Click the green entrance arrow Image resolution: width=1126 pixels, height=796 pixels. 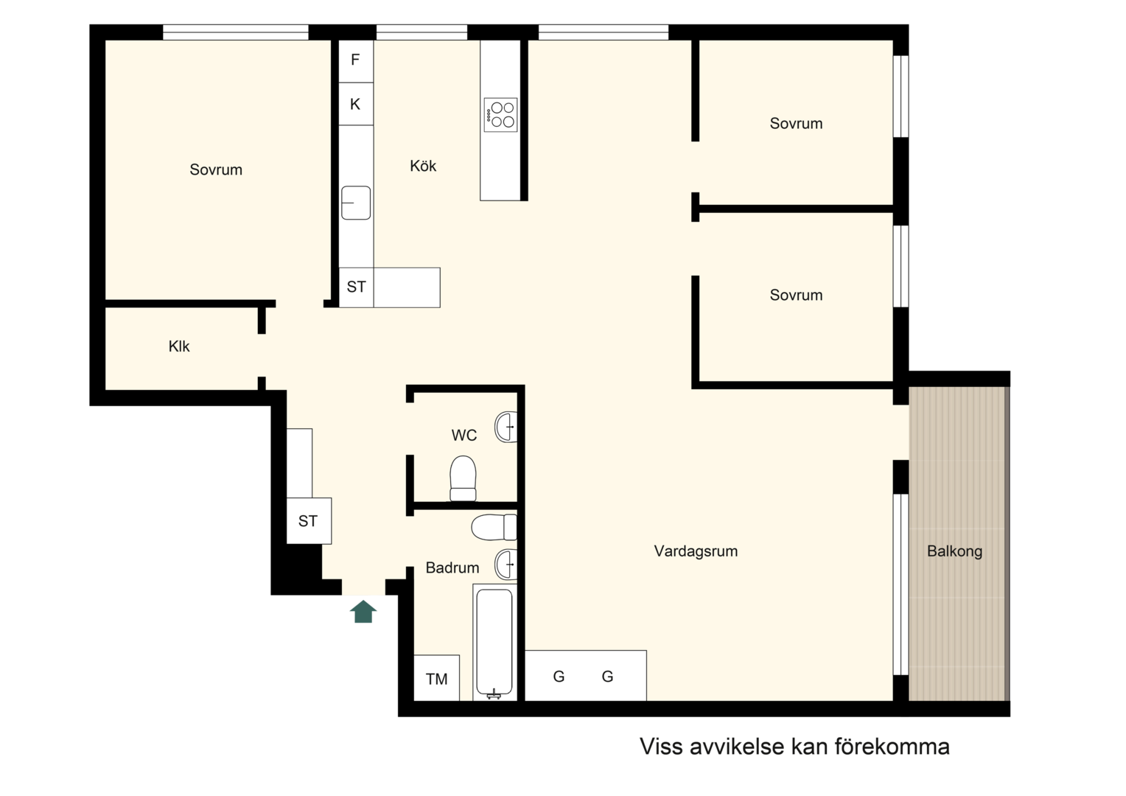coord(363,612)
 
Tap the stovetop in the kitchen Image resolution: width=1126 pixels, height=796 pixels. coord(500,115)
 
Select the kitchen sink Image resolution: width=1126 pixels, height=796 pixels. coord(356,203)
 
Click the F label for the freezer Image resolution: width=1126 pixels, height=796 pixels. coord(355,60)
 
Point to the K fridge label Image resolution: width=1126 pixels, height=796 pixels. coord(355,104)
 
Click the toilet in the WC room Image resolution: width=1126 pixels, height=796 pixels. coord(463,478)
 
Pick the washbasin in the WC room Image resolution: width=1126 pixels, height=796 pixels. coord(506,427)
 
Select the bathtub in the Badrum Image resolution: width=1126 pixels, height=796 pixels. coord(494,642)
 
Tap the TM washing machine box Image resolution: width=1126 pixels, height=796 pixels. coord(436,678)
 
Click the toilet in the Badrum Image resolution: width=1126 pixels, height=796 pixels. coord(494,527)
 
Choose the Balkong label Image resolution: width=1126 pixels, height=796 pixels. coord(954,551)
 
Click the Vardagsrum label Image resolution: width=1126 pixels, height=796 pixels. coord(696,551)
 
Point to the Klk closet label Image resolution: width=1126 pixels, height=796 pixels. coord(179,346)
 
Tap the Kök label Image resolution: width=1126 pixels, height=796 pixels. coord(423,165)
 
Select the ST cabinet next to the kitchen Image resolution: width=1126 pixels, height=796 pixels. coord(357,287)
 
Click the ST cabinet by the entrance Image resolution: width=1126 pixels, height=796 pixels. coord(309,521)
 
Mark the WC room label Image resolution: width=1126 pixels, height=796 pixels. coord(464,436)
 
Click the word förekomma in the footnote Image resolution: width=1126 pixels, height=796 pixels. coord(892,747)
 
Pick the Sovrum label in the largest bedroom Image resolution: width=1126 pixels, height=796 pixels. coord(216,170)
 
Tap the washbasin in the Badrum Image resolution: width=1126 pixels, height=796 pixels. coord(506,564)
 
